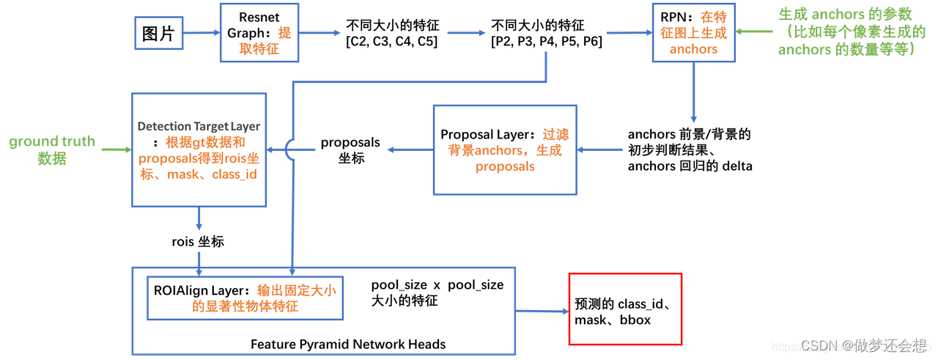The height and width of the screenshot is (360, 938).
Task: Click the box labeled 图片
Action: pyautogui.click(x=158, y=33)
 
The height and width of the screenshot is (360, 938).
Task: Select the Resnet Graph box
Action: pyautogui.click(x=259, y=32)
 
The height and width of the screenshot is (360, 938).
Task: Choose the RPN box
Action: pyautogui.click(x=693, y=33)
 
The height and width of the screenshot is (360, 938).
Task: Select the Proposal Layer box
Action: pyautogui.click(x=505, y=150)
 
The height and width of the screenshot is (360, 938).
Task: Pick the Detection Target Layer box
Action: pyautogui.click(x=199, y=150)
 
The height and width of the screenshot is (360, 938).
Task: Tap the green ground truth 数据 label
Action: pyautogui.click(x=52, y=150)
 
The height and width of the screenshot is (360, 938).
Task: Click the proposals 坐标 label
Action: pyautogui.click(x=351, y=150)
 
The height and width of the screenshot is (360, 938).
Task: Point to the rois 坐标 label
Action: pyautogui.click(x=198, y=241)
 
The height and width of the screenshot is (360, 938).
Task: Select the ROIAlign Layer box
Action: pyautogui.click(x=245, y=298)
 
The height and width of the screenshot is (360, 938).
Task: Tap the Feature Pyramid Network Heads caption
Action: pyautogui.click(x=348, y=344)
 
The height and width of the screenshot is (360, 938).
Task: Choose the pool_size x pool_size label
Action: pyautogui.click(x=437, y=292)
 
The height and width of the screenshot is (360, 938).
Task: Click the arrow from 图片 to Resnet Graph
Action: pyautogui.click(x=200, y=32)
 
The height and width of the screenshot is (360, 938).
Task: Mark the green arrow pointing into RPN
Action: pyautogui.click(x=754, y=32)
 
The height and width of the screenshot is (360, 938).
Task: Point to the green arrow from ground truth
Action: pyautogui.click(x=117, y=150)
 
